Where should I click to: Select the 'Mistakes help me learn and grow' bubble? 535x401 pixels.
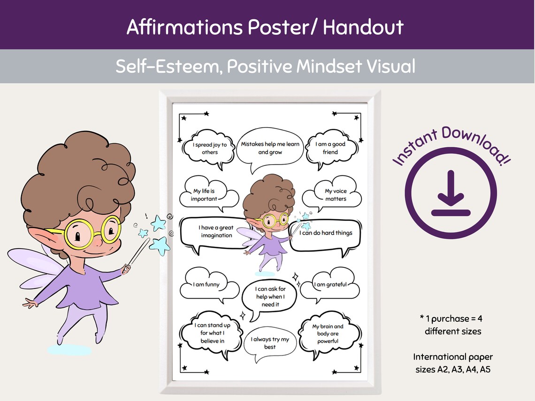pos(270,148)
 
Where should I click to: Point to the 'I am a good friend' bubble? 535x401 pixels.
pos(330,148)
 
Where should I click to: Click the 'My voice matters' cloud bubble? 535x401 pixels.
pos(335,195)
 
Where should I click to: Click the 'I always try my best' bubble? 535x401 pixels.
pos(270,343)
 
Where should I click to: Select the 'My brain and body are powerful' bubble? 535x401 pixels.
pos(328,333)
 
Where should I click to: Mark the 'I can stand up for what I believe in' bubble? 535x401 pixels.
pos(212,333)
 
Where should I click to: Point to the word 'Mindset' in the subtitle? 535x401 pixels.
pos(329,67)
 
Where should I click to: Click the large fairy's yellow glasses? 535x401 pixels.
pos(93,232)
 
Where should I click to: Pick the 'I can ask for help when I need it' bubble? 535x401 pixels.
pos(270,297)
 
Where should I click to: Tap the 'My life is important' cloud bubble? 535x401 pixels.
pos(204,195)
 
